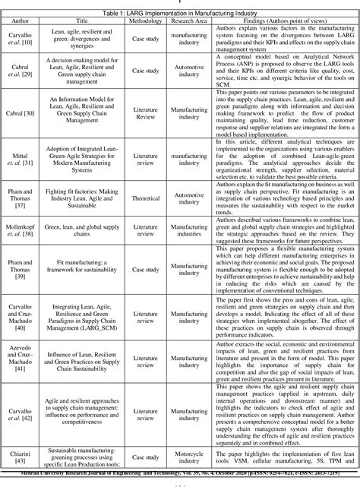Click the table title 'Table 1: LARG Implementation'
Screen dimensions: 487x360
tap(180, 14)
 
